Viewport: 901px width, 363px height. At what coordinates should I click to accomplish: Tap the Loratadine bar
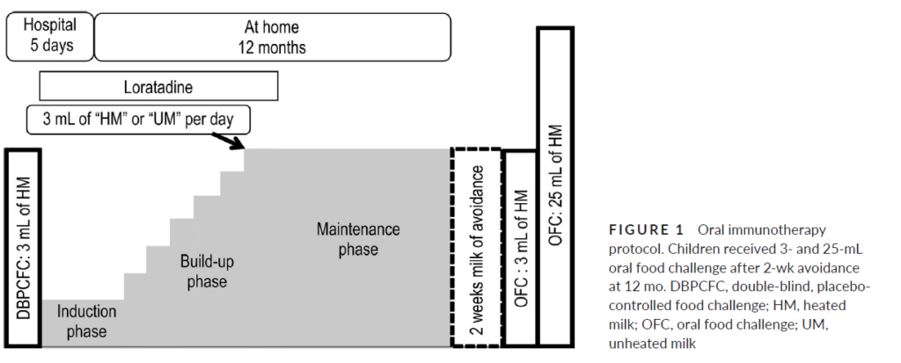pyautogui.click(x=158, y=86)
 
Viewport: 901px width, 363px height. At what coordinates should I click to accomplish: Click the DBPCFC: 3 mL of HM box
pyautogui.click(x=21, y=248)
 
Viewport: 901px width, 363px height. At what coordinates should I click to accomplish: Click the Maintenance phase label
pyautogui.click(x=357, y=240)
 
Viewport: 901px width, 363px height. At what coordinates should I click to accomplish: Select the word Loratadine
pyautogui.click(x=158, y=86)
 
